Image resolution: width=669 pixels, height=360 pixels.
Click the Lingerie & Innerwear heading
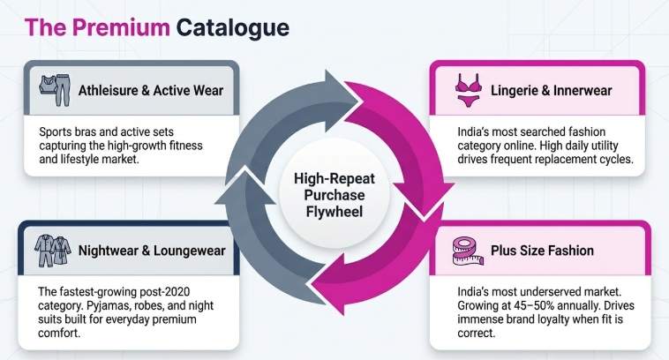[539, 89]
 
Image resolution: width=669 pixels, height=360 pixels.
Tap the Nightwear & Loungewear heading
[151, 251]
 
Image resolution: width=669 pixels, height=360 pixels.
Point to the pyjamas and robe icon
[50, 250]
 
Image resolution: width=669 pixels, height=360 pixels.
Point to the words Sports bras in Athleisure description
[72, 131]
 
